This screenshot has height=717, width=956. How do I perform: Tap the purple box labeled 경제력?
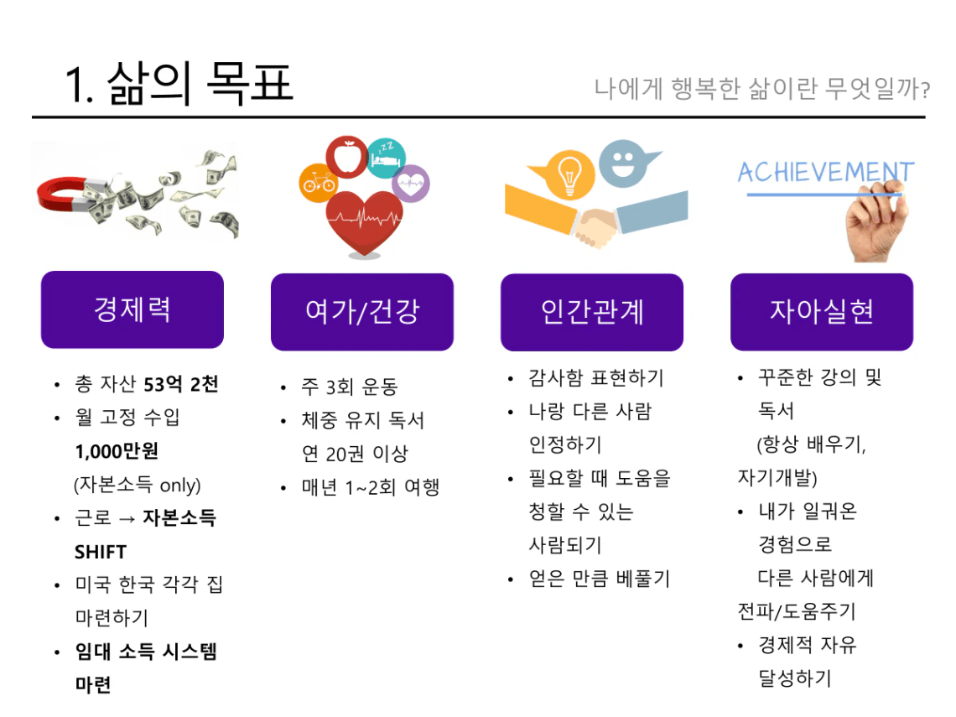coord(132,309)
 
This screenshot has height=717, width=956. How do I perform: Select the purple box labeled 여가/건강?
coord(362,312)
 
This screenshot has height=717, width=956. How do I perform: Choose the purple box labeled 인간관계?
coord(592,312)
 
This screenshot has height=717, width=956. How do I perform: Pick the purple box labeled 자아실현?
coord(822,312)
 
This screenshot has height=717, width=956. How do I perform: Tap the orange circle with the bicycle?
coord(319,182)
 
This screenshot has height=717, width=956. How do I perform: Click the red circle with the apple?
coord(347,157)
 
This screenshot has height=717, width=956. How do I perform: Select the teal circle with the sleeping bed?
coord(387,158)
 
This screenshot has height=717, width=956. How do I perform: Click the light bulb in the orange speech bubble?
coord(569,175)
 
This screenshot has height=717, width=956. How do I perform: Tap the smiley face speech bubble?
coord(624,164)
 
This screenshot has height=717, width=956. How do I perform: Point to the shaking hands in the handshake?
coord(596,226)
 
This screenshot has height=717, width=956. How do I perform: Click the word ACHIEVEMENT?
coord(826,172)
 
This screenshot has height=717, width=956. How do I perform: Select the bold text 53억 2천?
coord(181,384)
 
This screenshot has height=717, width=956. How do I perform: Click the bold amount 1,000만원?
coord(117,451)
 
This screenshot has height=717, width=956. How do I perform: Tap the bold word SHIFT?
coord(100,552)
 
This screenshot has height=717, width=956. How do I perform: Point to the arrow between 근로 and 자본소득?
coord(127,519)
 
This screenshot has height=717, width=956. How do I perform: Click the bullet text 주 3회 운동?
coord(350,387)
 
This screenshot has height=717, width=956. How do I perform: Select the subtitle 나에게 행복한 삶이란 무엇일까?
coord(762,88)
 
